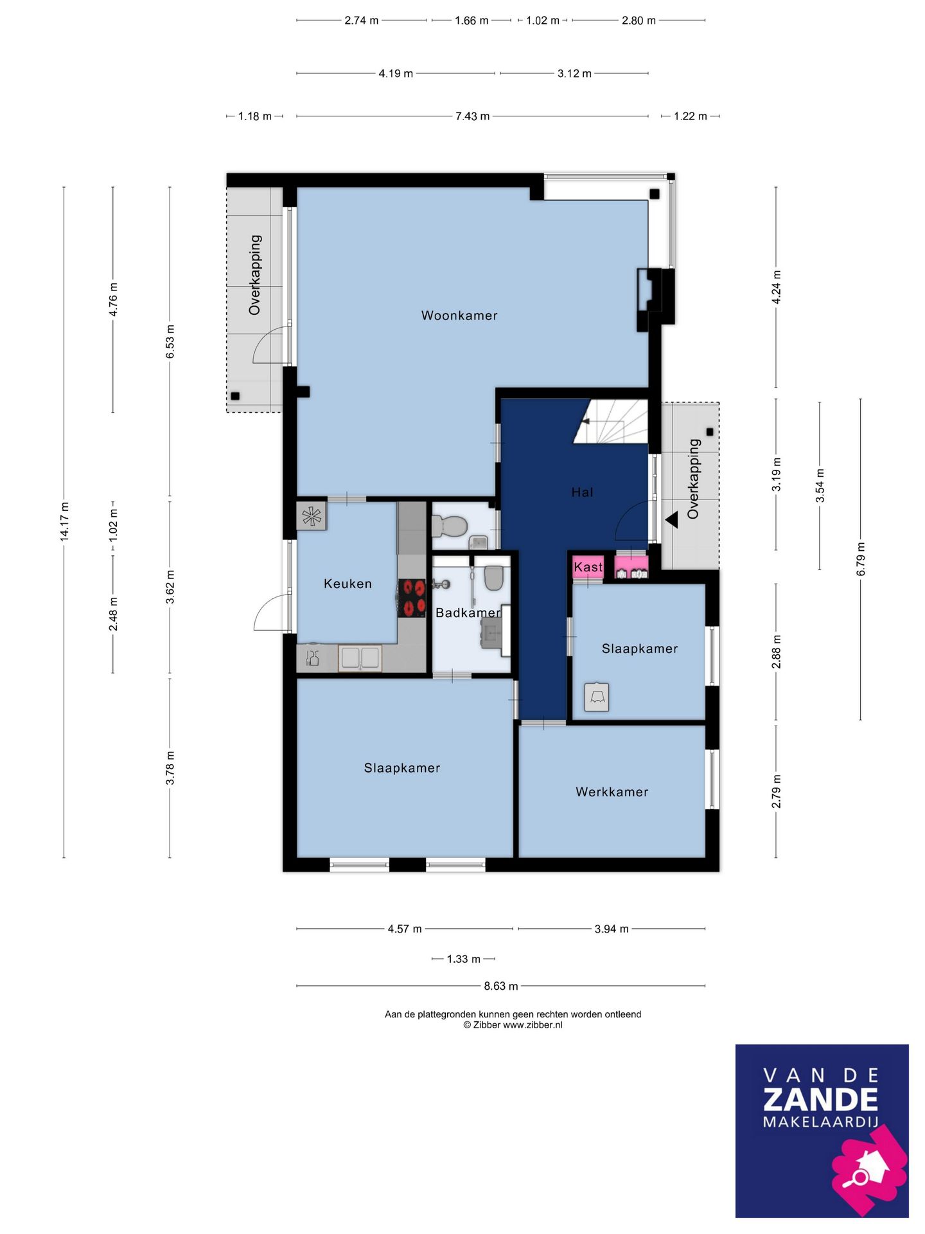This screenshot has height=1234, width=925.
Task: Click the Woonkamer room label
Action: [x=459, y=316]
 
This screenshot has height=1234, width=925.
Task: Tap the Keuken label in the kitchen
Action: [x=348, y=584]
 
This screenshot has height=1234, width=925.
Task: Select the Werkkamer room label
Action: [x=612, y=792]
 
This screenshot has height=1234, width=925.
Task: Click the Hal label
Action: [x=582, y=492]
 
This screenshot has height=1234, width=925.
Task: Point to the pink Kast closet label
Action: [x=588, y=567]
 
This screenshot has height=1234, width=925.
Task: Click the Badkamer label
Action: [x=468, y=613]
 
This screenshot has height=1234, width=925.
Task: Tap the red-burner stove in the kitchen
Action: [x=412, y=598]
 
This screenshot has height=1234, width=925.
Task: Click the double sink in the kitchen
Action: [x=360, y=658]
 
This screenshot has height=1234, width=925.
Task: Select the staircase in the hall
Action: [x=610, y=422]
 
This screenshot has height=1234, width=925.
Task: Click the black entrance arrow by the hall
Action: [x=672, y=519]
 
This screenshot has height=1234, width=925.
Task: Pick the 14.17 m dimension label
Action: [x=64, y=522]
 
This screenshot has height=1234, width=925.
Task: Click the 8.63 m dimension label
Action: [x=501, y=986]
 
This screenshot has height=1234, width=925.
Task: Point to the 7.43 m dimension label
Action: [x=473, y=116]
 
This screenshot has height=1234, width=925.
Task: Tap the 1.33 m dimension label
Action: [x=464, y=959]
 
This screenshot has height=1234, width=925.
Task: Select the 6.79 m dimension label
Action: [x=861, y=559]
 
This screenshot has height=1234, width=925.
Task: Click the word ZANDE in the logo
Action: [x=820, y=1100]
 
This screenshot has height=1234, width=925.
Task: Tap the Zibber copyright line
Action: [x=513, y=1025]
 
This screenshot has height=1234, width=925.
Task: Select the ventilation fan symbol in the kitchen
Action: [x=312, y=517]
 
